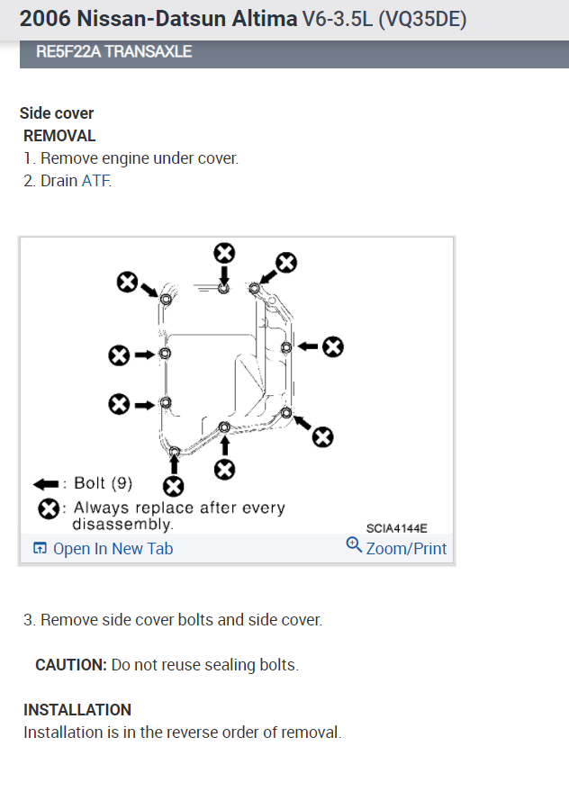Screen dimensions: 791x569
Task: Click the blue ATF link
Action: click(95, 181)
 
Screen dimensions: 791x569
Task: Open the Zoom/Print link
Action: click(406, 548)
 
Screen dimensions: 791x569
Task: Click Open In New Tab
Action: click(113, 549)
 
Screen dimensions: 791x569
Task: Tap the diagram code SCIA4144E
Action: click(397, 528)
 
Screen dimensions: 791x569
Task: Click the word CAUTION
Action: click(70, 665)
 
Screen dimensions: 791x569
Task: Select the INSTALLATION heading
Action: click(77, 710)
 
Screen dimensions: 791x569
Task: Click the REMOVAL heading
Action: click(59, 136)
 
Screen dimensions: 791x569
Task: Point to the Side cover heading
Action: click(57, 113)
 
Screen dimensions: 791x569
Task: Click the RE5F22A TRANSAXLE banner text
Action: click(113, 51)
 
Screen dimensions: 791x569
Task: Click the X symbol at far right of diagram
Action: click(333, 346)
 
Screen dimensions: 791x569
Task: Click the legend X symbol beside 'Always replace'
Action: click(49, 509)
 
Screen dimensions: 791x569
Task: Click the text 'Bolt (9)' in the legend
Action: click(103, 483)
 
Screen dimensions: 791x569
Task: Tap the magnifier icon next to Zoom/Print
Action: click(354, 545)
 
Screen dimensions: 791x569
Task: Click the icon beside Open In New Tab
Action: click(40, 549)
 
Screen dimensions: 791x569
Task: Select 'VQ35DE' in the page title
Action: click(423, 19)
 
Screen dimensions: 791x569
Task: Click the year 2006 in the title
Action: click(43, 19)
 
